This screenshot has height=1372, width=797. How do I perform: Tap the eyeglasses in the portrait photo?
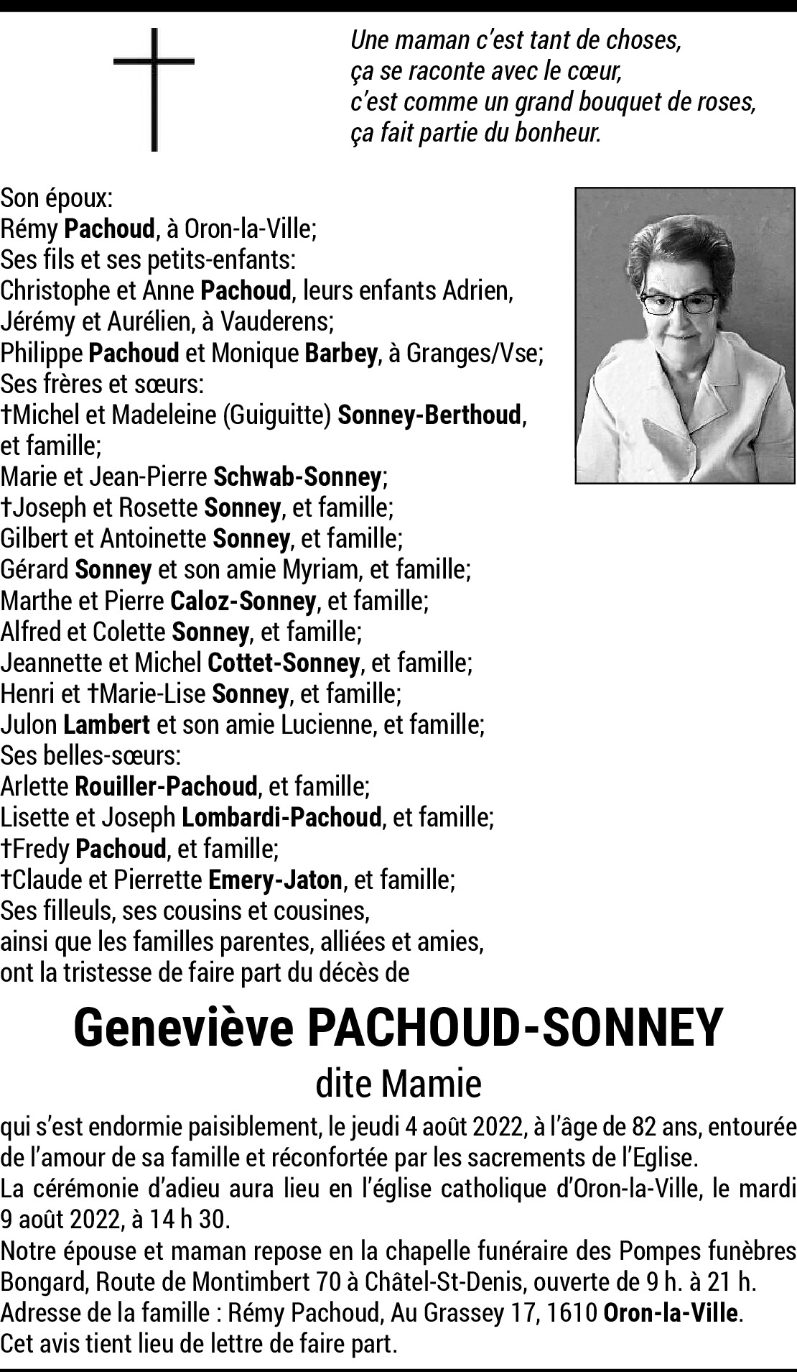pyautogui.click(x=679, y=303)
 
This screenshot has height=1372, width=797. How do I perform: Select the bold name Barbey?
pyautogui.click(x=341, y=353)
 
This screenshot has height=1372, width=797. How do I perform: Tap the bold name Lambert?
pyautogui.click(x=107, y=724)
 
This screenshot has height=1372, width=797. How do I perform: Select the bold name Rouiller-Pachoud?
pyautogui.click(x=166, y=786)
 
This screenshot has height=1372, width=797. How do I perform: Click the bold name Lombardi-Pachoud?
pyautogui.click(x=281, y=817)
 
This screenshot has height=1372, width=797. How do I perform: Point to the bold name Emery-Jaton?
pyautogui.click(x=275, y=879)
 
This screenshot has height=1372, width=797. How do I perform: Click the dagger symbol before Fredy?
pyautogui.click(x=6, y=848)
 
